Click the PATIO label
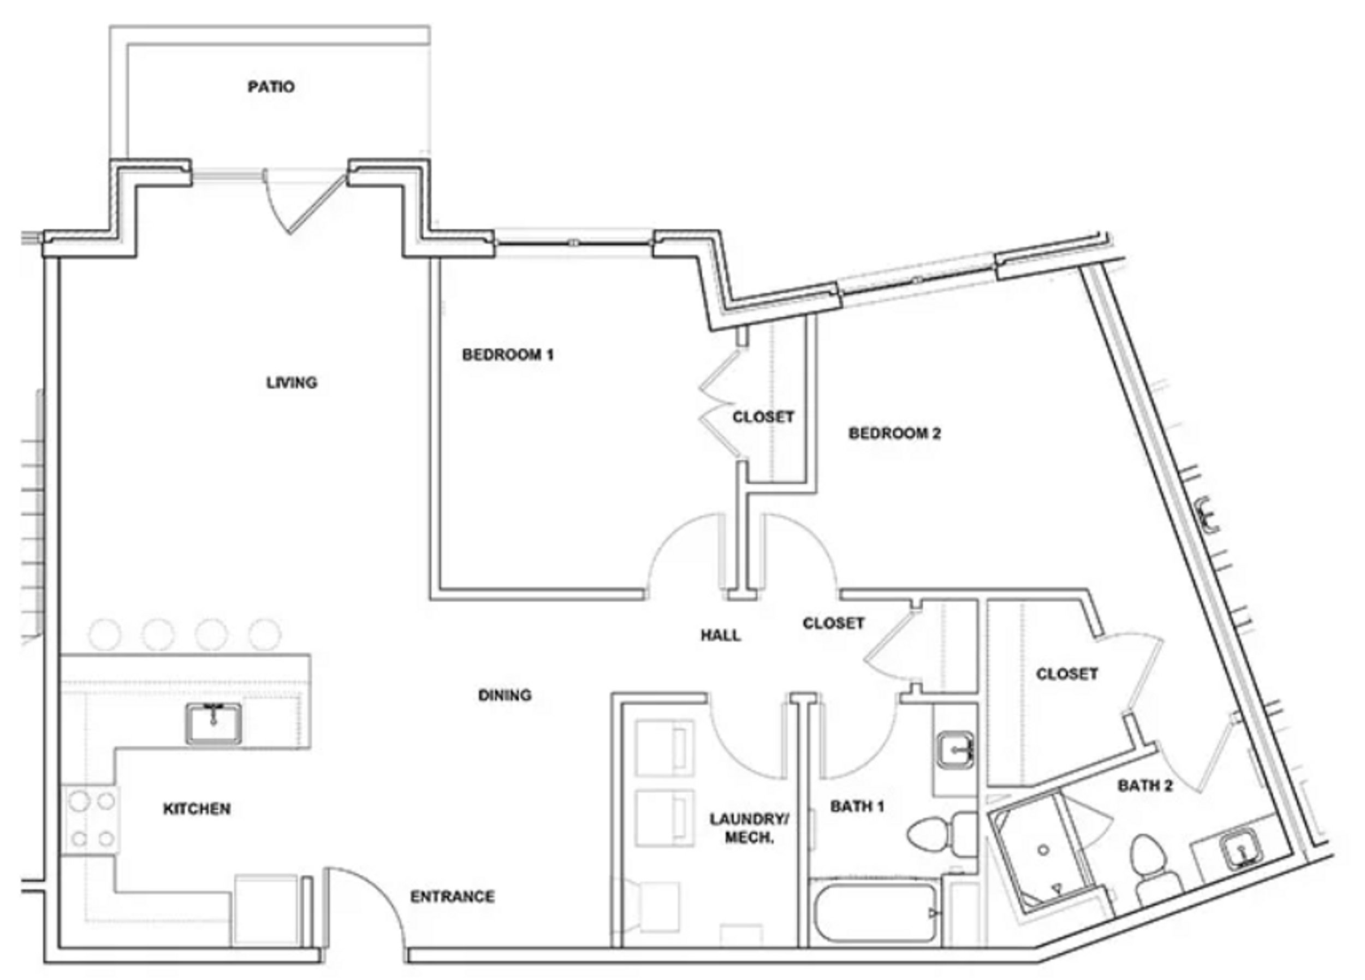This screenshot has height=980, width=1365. point(271,87)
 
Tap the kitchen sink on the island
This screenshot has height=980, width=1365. point(213,723)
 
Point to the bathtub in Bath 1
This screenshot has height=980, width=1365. point(873,913)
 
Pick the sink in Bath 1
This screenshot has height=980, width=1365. point(955,750)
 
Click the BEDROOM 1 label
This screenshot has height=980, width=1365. point(507,355)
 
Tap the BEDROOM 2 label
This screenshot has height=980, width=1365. point(894,433)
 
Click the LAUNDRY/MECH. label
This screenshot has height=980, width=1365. point(749,828)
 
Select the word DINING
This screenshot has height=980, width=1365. point(505,695)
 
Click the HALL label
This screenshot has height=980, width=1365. point(720,635)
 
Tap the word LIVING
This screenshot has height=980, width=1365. point(292,383)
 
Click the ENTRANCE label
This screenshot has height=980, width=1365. point(453,897)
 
